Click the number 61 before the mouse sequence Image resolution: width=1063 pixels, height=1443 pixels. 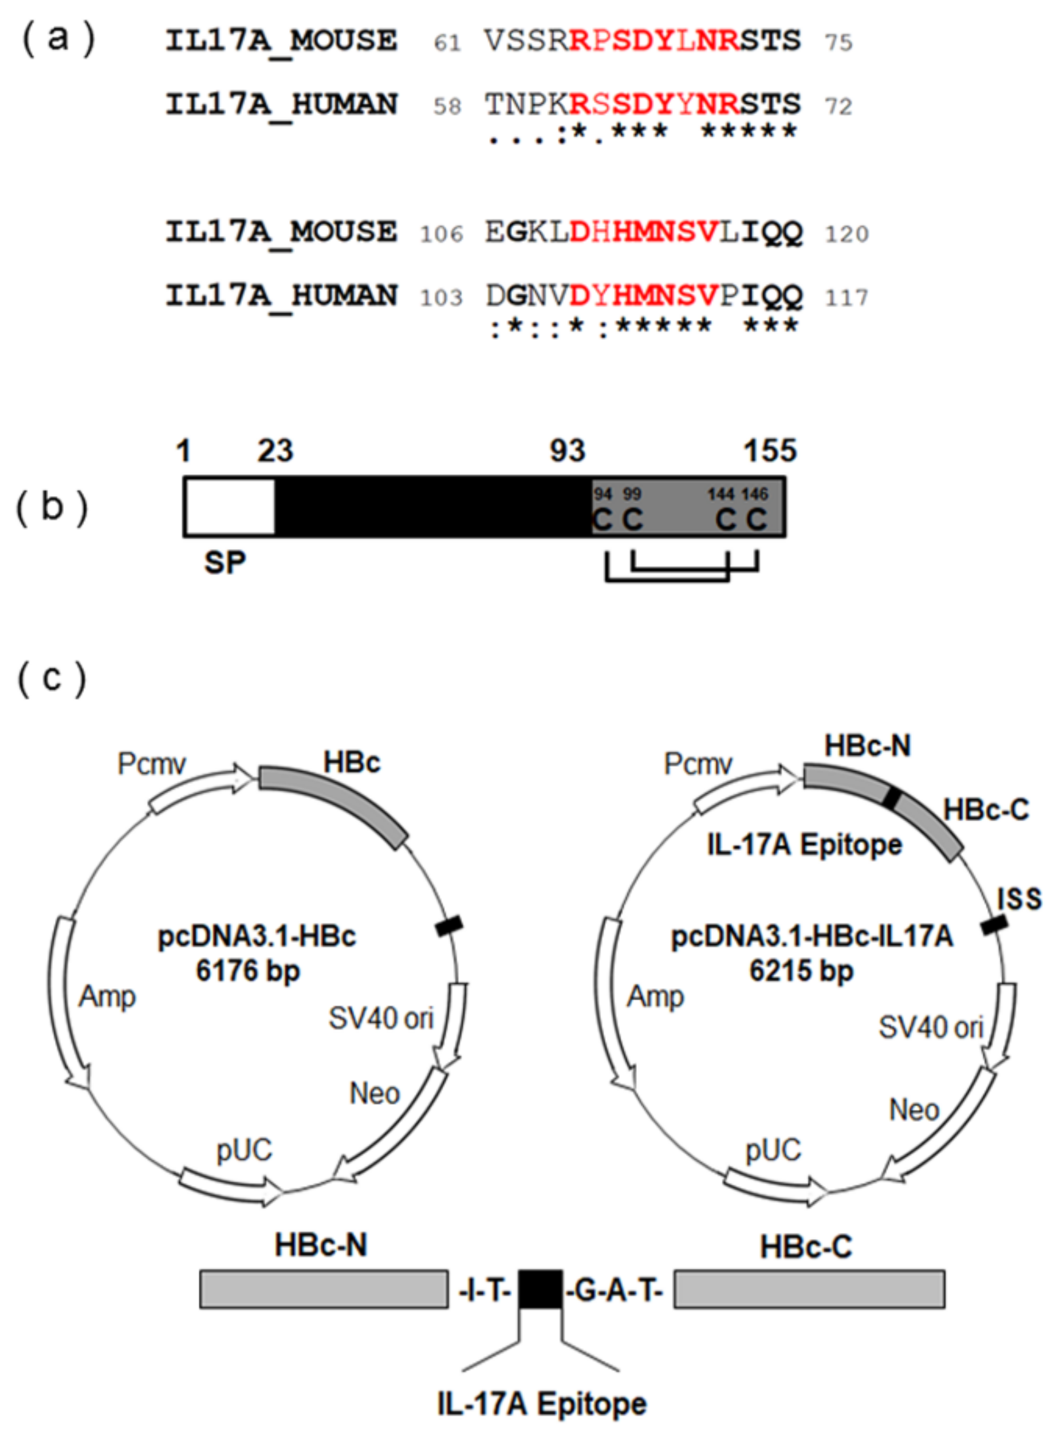pyautogui.click(x=447, y=43)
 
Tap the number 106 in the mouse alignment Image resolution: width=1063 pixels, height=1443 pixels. pyautogui.click(x=442, y=234)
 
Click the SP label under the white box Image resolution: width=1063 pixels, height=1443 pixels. pyautogui.click(x=225, y=563)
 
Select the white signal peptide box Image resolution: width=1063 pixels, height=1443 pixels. pyautogui.click(x=230, y=507)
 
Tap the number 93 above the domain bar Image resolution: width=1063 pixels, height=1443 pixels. pyautogui.click(x=567, y=451)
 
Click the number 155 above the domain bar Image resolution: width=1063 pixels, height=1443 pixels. pyautogui.click(x=770, y=451)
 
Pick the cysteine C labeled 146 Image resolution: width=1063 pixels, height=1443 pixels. pyautogui.click(x=756, y=519)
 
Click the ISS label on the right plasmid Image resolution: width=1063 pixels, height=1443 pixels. pyautogui.click(x=1019, y=900)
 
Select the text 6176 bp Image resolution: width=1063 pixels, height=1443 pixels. pyautogui.click(x=248, y=970)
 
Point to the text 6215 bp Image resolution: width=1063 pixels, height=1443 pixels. pyautogui.click(x=801, y=970)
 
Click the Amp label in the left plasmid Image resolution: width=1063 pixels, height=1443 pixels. pyautogui.click(x=108, y=996)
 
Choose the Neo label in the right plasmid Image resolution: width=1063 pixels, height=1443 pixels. pyautogui.click(x=914, y=1110)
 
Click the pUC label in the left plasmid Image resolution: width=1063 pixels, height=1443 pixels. pyautogui.click(x=244, y=1150)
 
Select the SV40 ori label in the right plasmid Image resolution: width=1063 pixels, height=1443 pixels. pyautogui.click(x=931, y=1027)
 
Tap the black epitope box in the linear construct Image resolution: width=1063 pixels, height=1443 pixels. pyautogui.click(x=541, y=1288)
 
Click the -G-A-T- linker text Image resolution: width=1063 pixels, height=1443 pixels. pyautogui.click(x=615, y=1291)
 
